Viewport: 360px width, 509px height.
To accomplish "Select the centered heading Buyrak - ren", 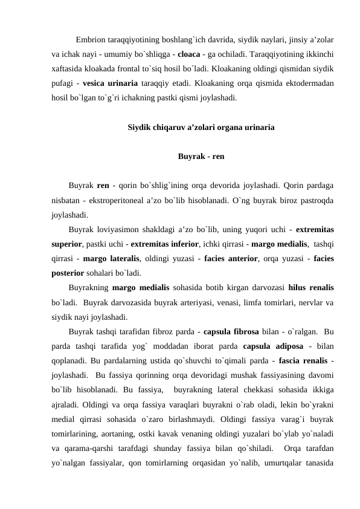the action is pos(202,156).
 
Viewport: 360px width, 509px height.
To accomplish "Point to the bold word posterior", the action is pos(69,272).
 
